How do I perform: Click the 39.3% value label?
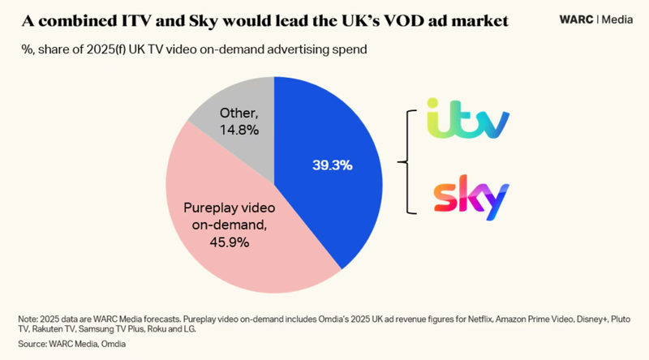point(333,165)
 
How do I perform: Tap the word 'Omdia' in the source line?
point(122,345)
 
